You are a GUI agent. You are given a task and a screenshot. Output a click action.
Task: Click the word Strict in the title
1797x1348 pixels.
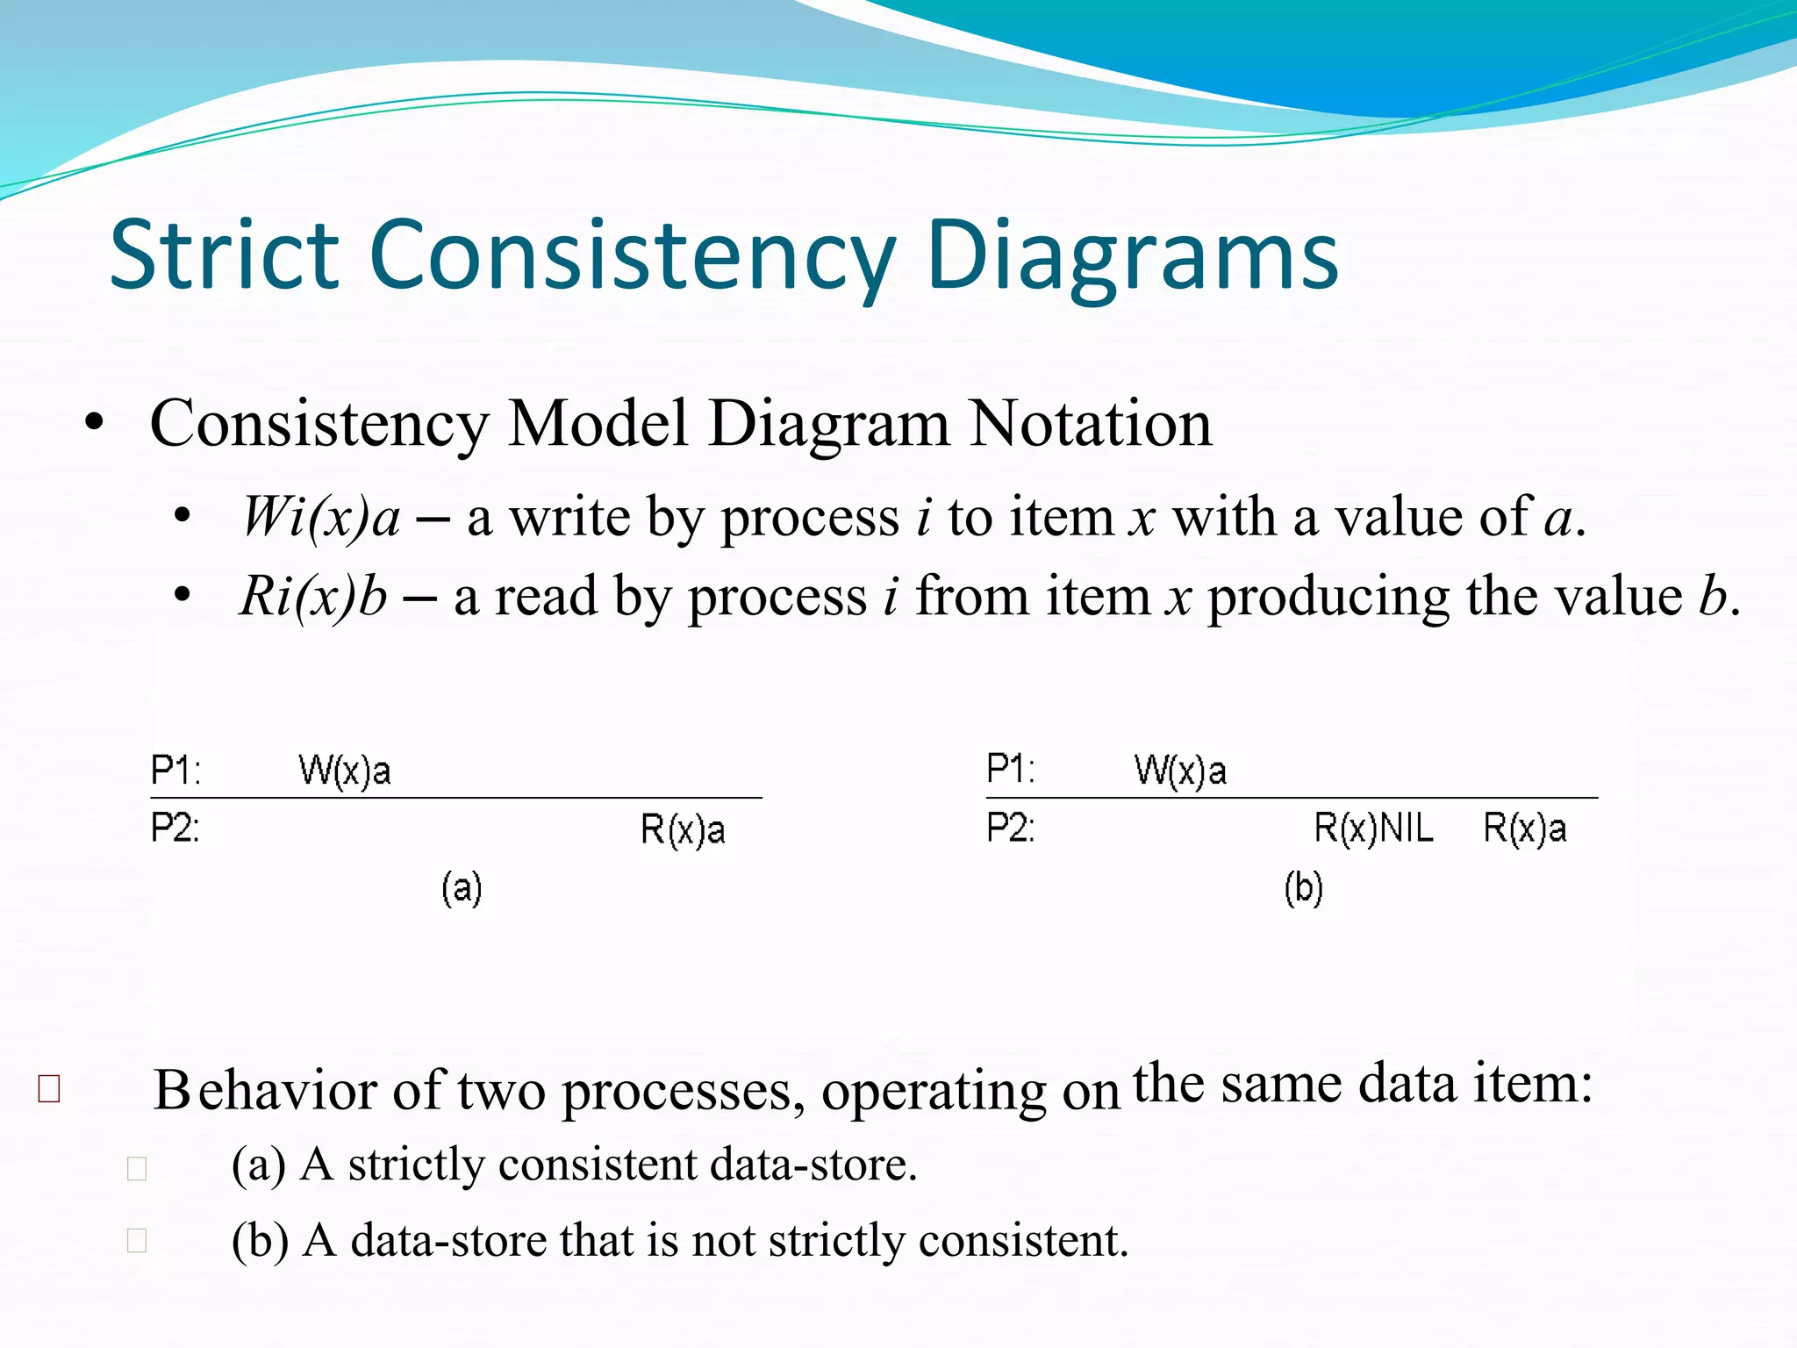coord(224,255)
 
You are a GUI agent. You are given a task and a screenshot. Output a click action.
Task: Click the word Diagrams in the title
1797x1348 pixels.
coord(1132,255)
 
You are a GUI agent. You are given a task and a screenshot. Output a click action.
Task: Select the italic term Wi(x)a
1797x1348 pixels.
coord(321,517)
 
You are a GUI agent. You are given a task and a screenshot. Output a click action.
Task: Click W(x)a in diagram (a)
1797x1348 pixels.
coord(345,771)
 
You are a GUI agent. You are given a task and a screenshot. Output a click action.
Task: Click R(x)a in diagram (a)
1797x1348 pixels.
coord(683,829)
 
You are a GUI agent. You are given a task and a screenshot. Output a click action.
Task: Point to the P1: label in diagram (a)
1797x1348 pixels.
coord(175,771)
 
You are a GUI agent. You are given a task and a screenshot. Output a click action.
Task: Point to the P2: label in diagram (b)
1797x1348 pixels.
coord(1011,828)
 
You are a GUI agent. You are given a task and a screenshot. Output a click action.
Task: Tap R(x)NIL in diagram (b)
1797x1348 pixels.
coord(1373,828)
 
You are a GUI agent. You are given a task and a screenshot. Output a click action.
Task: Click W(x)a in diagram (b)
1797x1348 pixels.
coord(1180,771)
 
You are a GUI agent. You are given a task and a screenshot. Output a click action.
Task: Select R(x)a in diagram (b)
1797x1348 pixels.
coord(1524,828)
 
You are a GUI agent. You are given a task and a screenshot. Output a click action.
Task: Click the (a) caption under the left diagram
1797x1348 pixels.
coord(462,888)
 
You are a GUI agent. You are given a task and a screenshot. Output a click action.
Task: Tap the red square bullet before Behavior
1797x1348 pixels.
coord(49,1089)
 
